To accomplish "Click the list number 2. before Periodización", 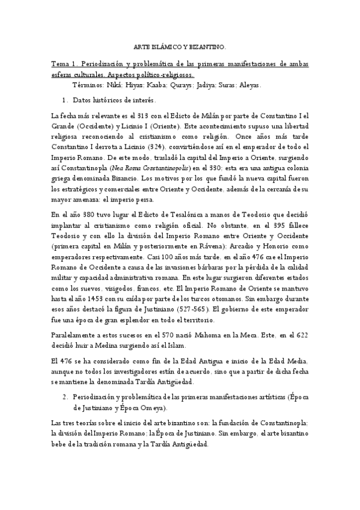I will [66, 398].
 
